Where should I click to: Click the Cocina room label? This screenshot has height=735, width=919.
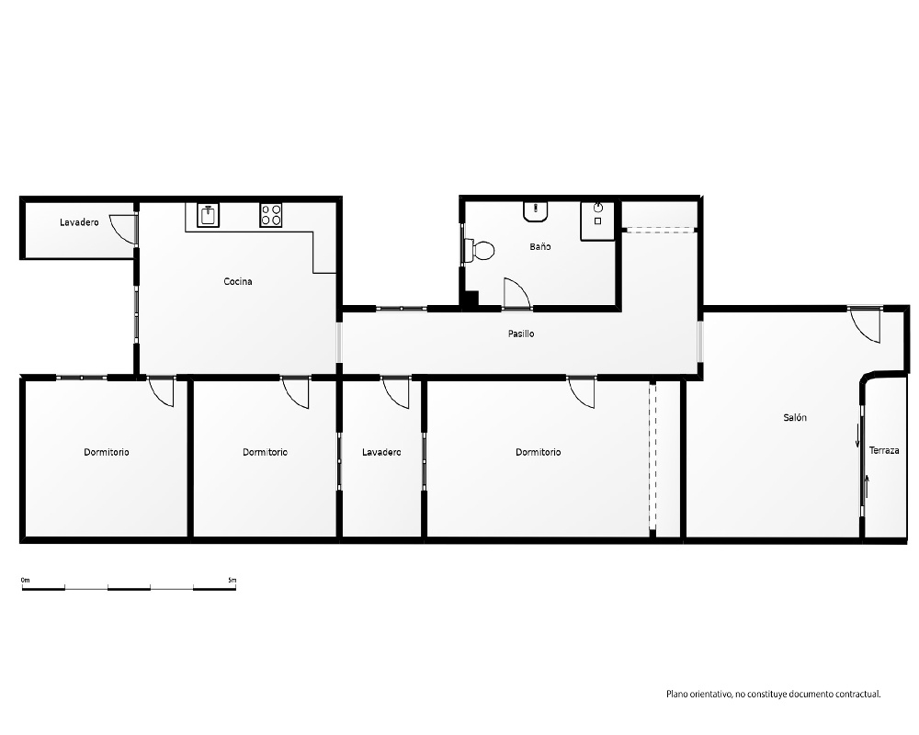(238, 281)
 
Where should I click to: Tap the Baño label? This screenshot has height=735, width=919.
(539, 247)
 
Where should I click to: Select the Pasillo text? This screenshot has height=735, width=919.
(521, 334)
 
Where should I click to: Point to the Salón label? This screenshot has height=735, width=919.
(795, 417)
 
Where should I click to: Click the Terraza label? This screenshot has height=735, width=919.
(884, 450)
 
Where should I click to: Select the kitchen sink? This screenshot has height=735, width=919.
(208, 215)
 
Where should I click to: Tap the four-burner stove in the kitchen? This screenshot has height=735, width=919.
(271, 215)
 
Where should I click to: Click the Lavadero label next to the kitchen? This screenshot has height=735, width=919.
(79, 222)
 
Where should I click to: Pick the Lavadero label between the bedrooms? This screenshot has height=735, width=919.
(381, 452)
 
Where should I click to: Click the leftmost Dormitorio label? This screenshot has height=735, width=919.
(106, 452)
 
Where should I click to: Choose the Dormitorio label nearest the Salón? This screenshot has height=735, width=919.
(538, 452)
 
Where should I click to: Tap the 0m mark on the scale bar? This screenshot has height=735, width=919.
(25, 581)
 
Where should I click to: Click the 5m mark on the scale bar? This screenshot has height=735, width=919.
(233, 581)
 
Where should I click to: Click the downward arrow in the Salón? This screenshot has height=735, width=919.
(857, 435)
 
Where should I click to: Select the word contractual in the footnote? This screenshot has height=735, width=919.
(857, 695)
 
